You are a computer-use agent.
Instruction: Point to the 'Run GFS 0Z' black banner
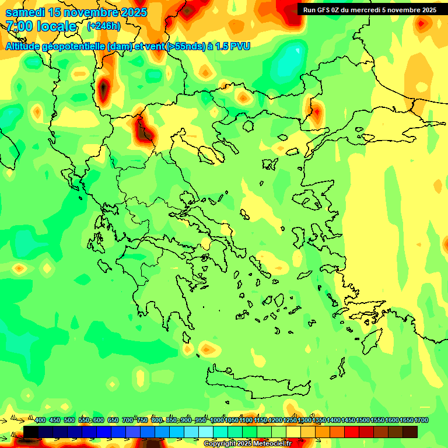pyautogui.click(x=369, y=9)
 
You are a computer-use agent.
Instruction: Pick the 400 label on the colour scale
pyautogui.click(x=40, y=420)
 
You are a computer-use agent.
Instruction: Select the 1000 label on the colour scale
pyautogui.click(x=217, y=420)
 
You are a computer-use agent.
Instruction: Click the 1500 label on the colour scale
pyautogui.click(x=363, y=420)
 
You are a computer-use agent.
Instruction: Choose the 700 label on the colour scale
pyautogui.click(x=128, y=420)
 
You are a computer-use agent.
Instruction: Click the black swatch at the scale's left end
pyautogui.click(x=31, y=432)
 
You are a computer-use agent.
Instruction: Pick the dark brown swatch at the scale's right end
pyautogui.click(x=410, y=432)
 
